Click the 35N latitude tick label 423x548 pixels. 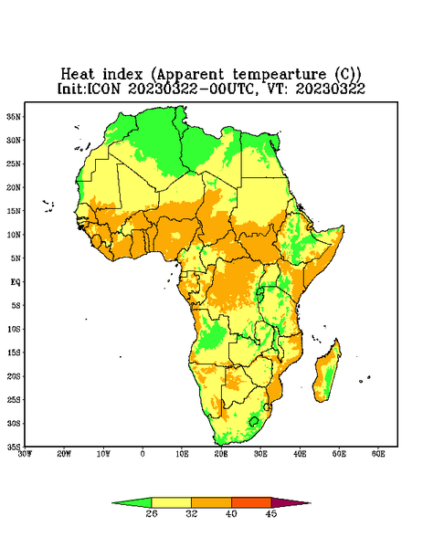point(14,117)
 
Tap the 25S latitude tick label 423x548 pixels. point(14,399)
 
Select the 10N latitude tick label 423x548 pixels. point(14,235)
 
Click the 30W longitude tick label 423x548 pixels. point(25,454)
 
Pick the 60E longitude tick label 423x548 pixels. point(378,454)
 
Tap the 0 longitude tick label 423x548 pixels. point(143,454)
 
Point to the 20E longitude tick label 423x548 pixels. point(221,454)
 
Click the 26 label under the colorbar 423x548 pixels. point(152,513)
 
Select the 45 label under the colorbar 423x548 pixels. point(271,513)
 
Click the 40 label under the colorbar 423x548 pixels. point(231,513)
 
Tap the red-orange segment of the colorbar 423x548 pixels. point(251,502)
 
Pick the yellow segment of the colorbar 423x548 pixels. point(171,502)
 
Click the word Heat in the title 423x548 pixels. point(78,74)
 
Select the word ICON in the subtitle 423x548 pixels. point(103,89)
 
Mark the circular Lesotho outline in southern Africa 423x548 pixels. point(253,421)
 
